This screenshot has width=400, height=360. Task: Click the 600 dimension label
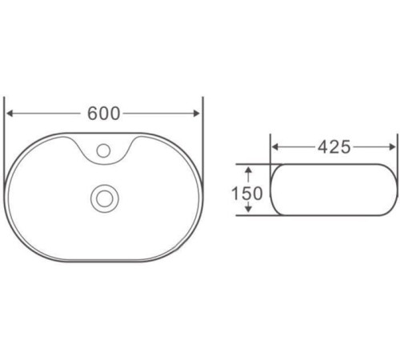coord(104,113)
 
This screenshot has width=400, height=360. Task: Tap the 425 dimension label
coord(334,147)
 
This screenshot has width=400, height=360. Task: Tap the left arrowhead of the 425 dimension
coord(277,147)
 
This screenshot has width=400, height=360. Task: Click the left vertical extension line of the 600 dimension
coord(6,128)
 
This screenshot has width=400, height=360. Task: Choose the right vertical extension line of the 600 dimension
coord(203,128)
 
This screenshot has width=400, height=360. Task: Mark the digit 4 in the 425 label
coord(323,147)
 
